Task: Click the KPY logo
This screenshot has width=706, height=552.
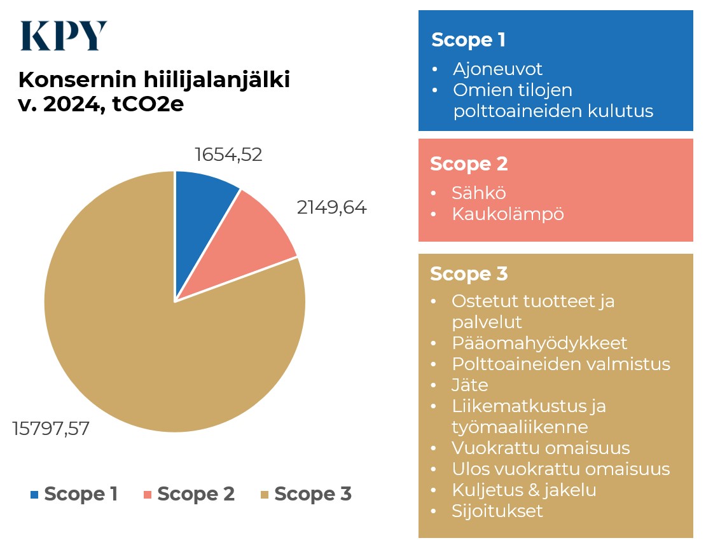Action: click(64, 36)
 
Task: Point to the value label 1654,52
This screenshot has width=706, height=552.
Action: click(228, 155)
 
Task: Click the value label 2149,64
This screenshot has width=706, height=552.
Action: click(332, 207)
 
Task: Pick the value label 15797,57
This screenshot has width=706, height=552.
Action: click(51, 429)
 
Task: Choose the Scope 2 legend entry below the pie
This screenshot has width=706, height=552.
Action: click(189, 494)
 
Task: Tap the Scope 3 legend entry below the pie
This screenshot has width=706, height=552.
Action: click(306, 494)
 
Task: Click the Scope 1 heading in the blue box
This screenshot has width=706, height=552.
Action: click(468, 40)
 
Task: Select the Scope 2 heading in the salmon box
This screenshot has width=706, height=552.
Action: click(469, 163)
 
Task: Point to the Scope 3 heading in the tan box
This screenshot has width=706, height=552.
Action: click(469, 274)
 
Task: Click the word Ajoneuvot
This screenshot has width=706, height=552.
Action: click(497, 69)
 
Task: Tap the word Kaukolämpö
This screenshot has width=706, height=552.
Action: click(508, 214)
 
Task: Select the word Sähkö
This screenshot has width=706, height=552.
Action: click(479, 193)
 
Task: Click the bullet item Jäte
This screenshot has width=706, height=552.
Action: click(470, 385)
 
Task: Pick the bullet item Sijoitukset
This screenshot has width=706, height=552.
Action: click(497, 511)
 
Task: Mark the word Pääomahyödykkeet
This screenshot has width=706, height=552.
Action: click(539, 343)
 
